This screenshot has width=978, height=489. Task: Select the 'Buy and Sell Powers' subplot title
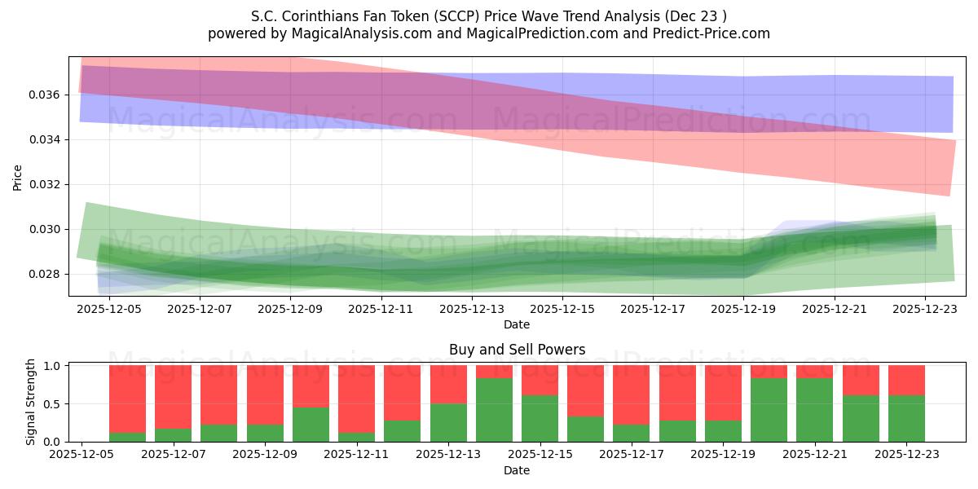pos(517,350)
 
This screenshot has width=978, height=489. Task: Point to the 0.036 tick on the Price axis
pos(46,95)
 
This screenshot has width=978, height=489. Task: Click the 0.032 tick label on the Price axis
pos(46,184)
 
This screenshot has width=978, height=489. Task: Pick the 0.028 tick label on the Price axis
pos(46,274)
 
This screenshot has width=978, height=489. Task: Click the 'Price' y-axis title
pos(18,176)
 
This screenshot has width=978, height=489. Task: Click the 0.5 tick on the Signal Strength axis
pos(51,403)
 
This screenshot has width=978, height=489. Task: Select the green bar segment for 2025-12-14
pos(494,410)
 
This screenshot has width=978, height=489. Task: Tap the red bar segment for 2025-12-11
pos(356,399)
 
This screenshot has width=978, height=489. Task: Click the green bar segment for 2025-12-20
pos(769,410)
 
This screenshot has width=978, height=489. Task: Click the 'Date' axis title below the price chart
pos(517,324)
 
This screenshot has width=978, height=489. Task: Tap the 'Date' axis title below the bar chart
pos(517,470)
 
